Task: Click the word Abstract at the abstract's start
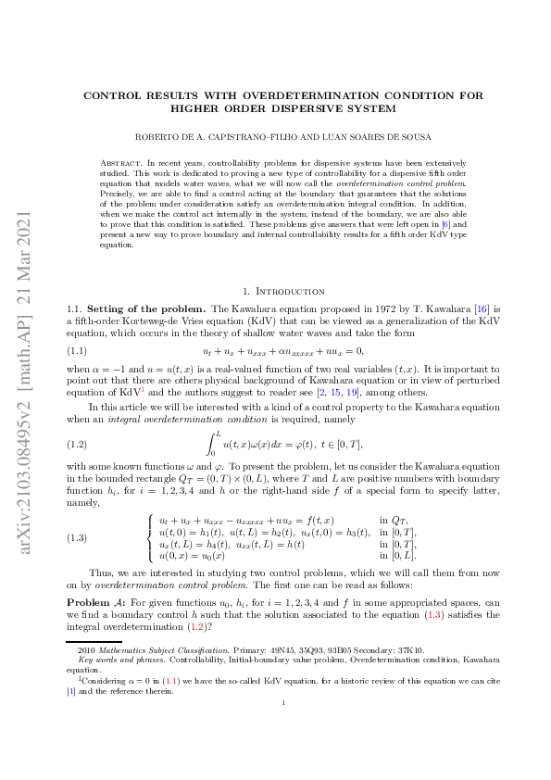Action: tap(119, 162)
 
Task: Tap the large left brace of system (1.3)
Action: tap(150, 537)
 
